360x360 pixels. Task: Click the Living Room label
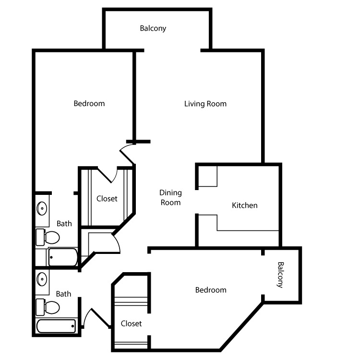click(205, 104)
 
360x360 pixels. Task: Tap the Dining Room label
click(170, 197)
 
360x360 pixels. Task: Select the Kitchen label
click(245, 205)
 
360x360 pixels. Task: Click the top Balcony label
click(153, 28)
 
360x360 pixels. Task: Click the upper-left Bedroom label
click(89, 103)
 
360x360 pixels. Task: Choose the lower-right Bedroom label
click(211, 290)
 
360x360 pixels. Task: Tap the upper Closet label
click(107, 198)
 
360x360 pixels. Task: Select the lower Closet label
click(131, 324)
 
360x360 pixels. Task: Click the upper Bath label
click(64, 223)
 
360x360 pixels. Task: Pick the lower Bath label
click(64, 294)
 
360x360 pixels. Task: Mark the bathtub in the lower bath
click(57, 326)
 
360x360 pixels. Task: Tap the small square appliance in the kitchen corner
click(208, 177)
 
